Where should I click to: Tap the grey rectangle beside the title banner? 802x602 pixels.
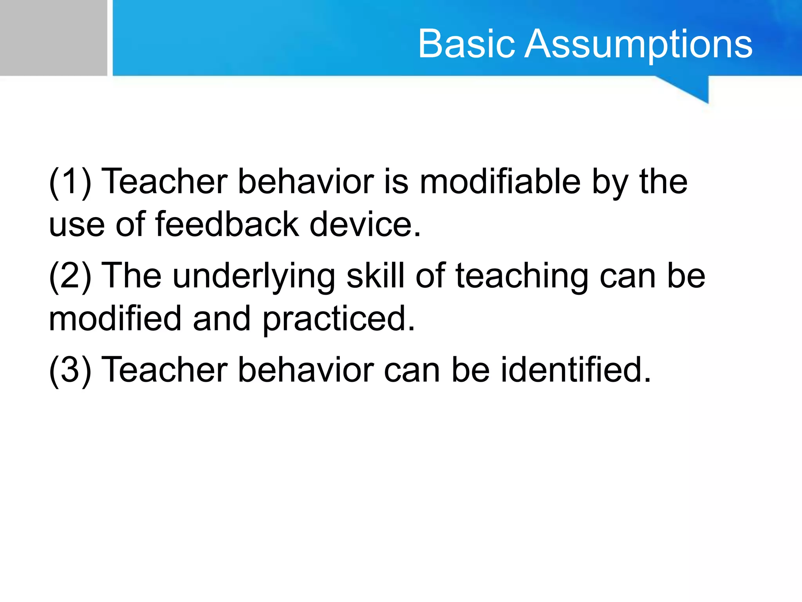[53, 38]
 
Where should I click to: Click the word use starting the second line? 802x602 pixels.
[77, 225]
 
